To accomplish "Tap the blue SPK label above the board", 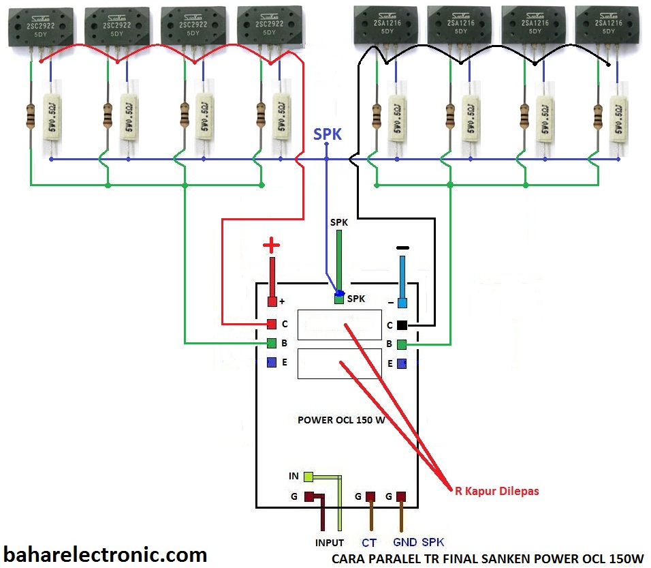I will (328, 134).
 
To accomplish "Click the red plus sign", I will (272, 245).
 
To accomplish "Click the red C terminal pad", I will (272, 324).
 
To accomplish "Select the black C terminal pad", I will (402, 325).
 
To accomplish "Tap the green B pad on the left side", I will (272, 343).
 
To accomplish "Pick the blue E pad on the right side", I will (402, 363).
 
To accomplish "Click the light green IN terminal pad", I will (308, 476).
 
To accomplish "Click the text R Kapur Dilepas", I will (496, 490).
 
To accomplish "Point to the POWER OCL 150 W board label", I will (341, 420).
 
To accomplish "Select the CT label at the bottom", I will (369, 543).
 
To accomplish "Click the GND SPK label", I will (418, 543).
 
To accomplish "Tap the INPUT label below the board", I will (330, 543).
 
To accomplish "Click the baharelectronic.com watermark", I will (106, 554).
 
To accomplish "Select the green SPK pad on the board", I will (338, 299).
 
